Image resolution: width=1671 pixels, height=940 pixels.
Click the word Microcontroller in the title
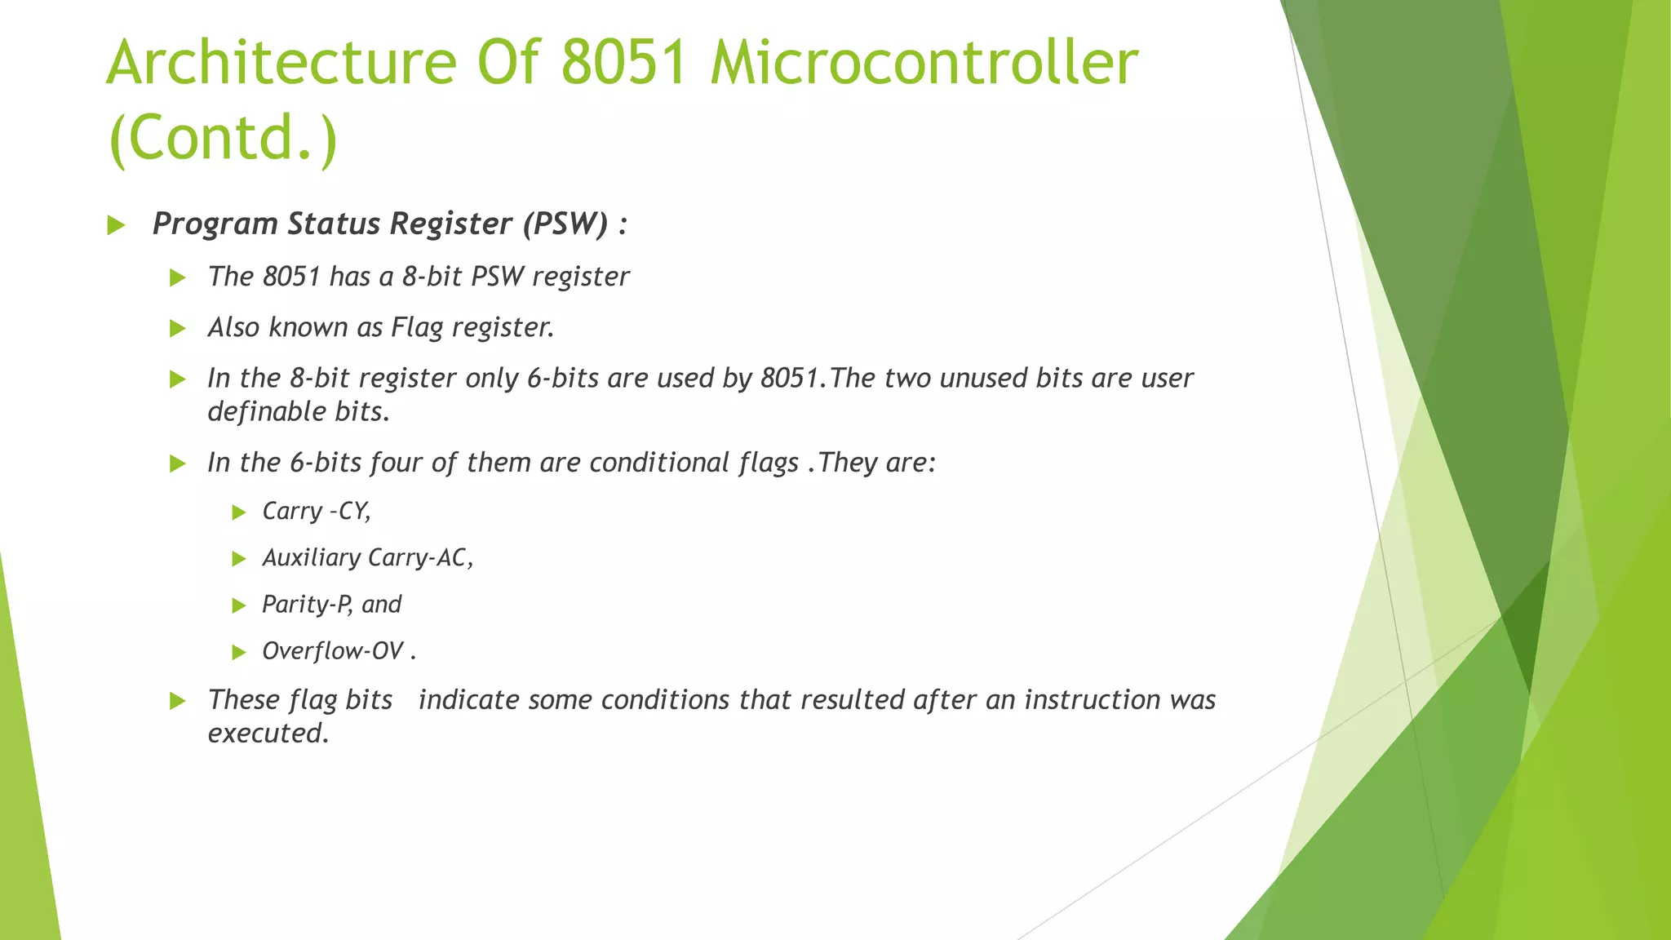coord(924,64)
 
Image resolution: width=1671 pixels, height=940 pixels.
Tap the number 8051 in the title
coord(624,64)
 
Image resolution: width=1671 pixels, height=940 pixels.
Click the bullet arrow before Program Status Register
coord(116,225)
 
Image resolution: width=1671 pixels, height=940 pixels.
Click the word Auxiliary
coord(311,558)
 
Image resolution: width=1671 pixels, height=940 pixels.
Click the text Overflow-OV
coord(333,651)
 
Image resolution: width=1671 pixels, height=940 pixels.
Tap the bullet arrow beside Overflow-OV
coord(238,652)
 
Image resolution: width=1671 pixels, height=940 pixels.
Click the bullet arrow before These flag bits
coord(178,701)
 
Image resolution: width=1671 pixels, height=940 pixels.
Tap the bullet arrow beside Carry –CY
coord(238,512)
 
